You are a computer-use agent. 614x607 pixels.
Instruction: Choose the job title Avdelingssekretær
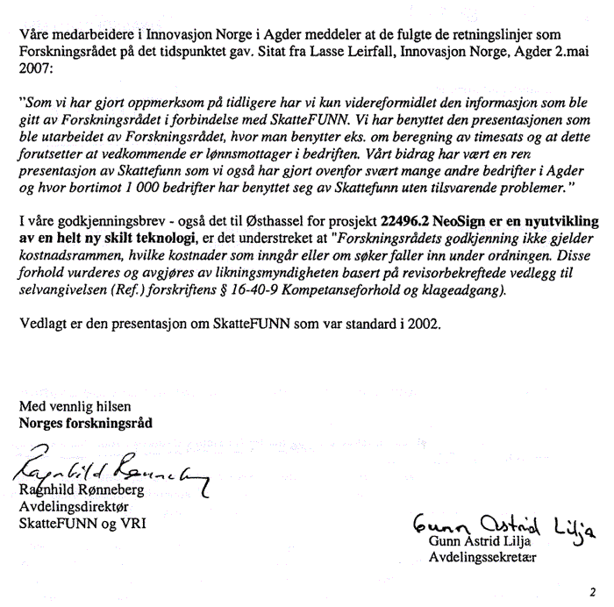coord(482,556)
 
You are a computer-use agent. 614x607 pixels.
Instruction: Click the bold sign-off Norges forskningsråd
coord(85,422)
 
